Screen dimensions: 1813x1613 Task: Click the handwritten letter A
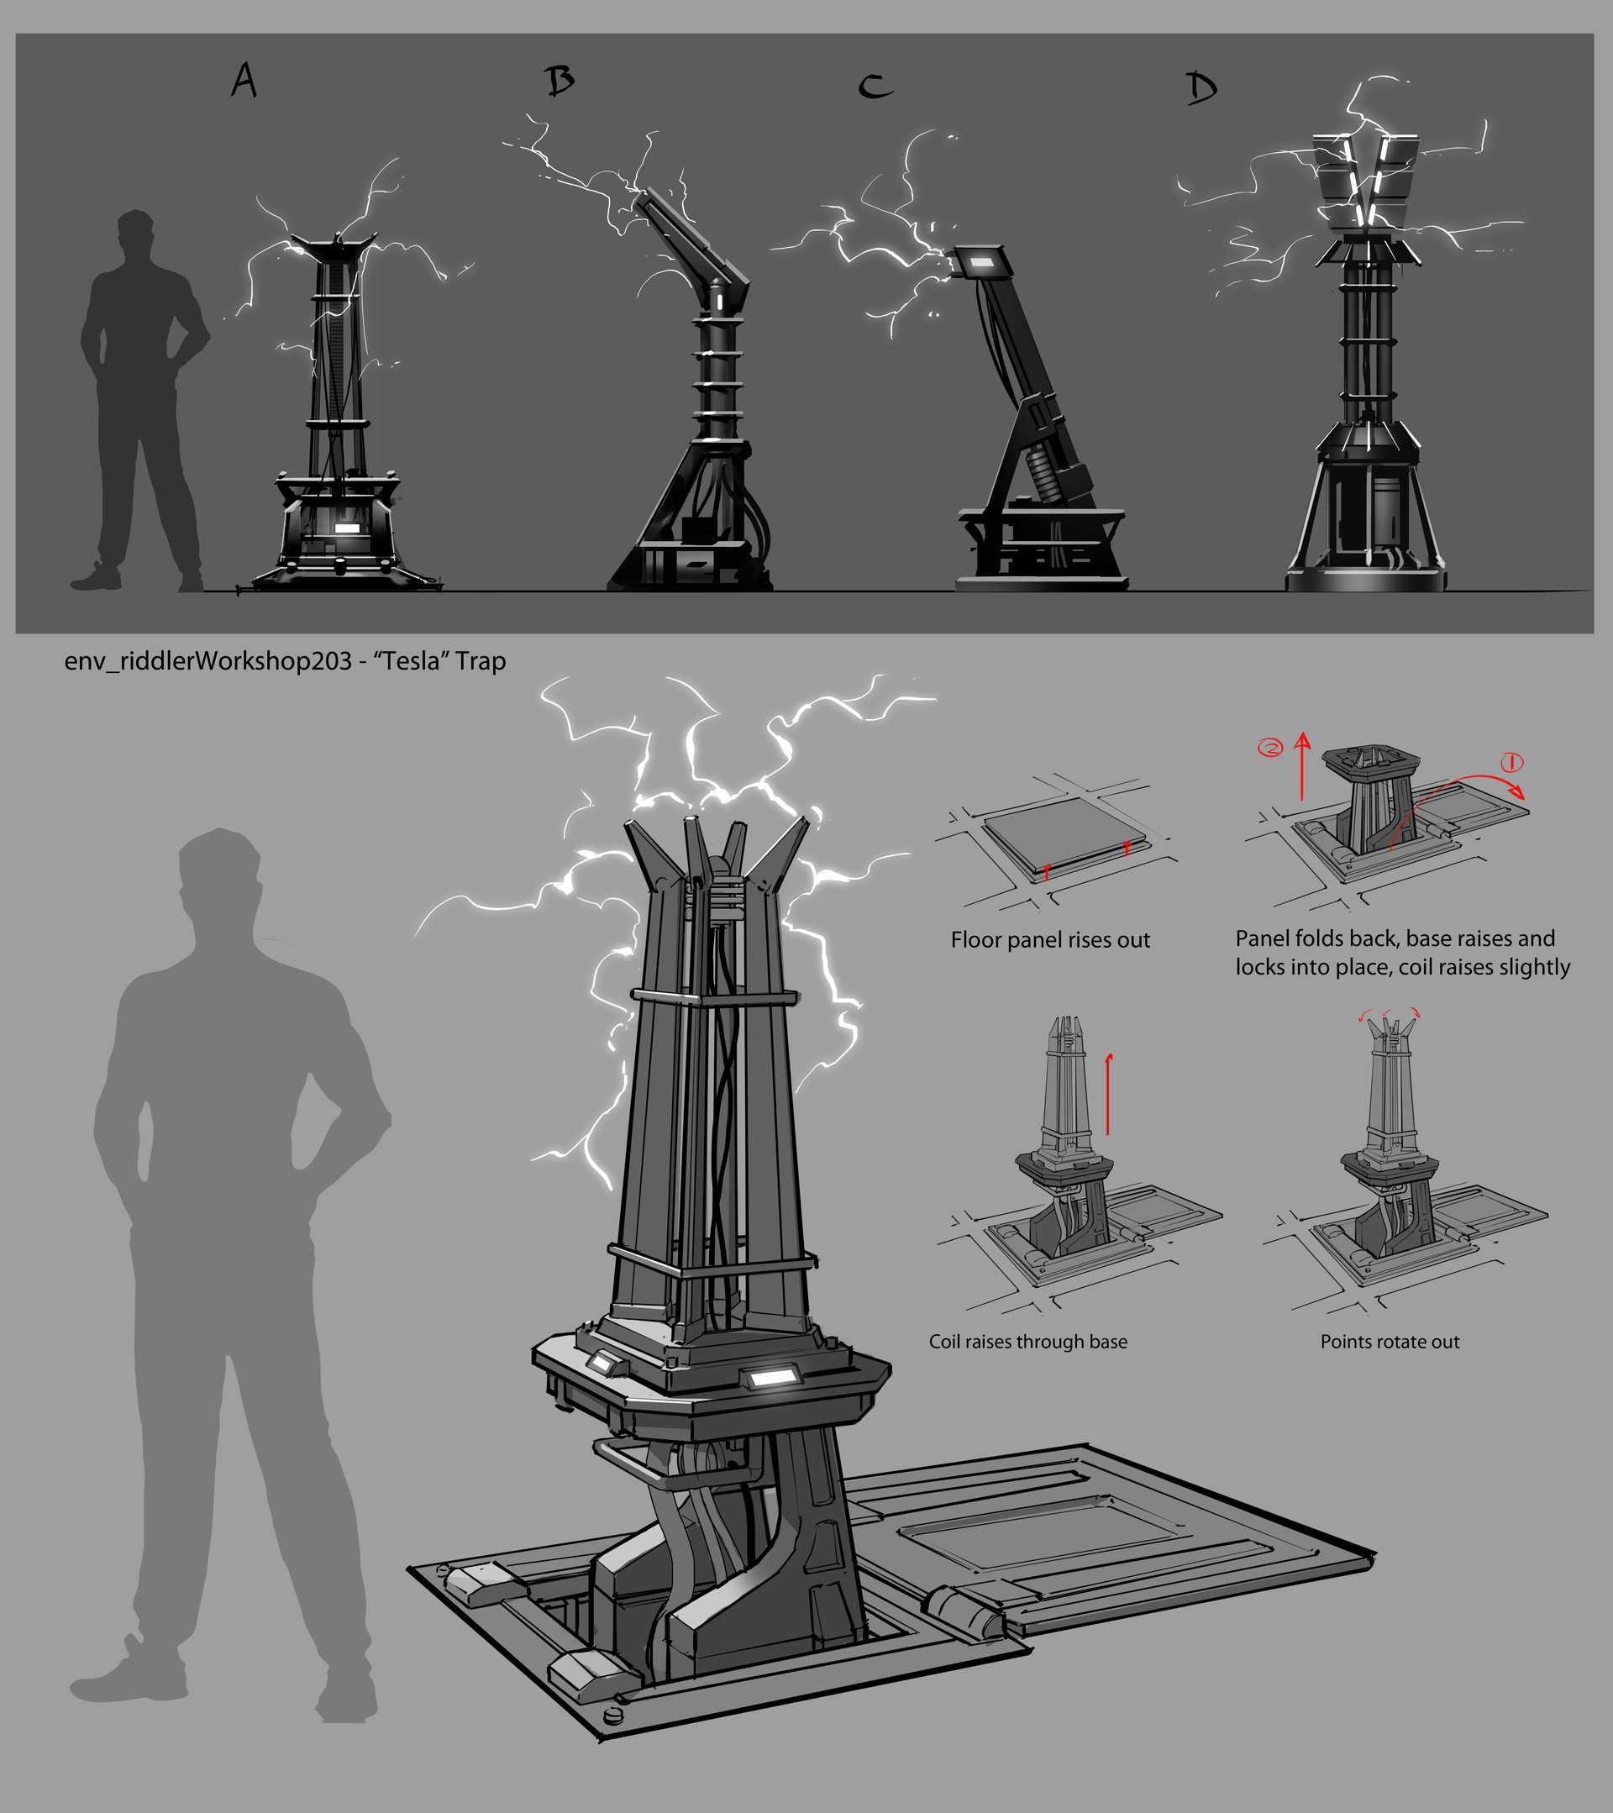(x=244, y=81)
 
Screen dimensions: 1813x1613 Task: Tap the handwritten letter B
(x=560, y=81)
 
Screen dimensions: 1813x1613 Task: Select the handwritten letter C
(x=875, y=86)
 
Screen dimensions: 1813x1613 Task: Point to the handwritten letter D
(x=1201, y=88)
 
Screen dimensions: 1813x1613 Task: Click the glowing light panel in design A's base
(x=347, y=528)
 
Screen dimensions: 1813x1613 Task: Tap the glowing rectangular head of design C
(x=980, y=263)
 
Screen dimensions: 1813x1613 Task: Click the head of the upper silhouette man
(x=135, y=234)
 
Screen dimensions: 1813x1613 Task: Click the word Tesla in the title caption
(x=412, y=661)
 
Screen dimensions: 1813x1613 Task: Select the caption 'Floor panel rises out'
(x=1050, y=939)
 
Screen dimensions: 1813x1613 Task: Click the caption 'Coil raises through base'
(x=1027, y=1341)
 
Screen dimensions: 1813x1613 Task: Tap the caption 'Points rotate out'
(x=1390, y=1341)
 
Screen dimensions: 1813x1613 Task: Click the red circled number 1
(x=1511, y=762)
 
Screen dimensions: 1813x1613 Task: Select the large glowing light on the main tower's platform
(x=771, y=1377)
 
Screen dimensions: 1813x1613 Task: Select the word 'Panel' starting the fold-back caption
(x=1264, y=938)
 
